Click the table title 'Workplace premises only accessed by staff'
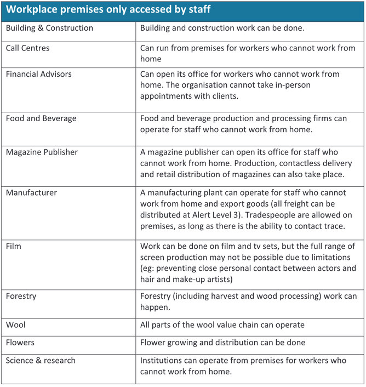108,9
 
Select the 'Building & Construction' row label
49,28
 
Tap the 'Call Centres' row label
27,48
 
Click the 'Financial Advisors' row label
38,74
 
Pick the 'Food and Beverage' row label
41,118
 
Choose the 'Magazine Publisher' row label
42,152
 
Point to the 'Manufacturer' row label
31,193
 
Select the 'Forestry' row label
21,296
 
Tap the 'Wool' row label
15,325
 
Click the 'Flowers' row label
20,343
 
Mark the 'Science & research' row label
41,361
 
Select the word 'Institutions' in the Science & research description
163,361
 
